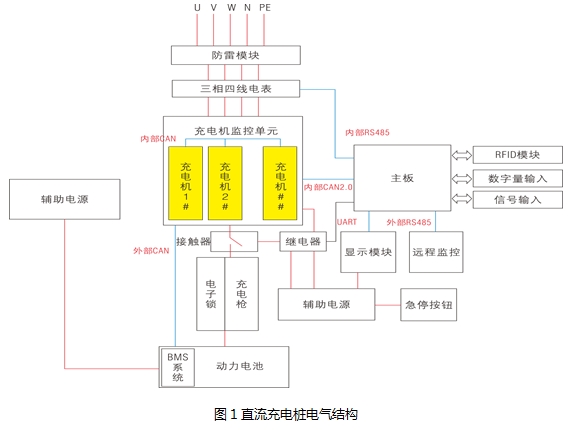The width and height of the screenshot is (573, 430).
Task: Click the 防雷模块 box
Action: click(235, 55)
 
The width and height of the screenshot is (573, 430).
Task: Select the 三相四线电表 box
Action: click(235, 90)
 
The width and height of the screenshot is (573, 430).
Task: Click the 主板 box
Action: click(401, 177)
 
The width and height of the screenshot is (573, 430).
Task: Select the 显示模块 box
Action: click(367, 252)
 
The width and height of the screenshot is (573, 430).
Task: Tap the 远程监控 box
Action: click(436, 252)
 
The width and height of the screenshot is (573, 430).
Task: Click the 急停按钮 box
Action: click(429, 304)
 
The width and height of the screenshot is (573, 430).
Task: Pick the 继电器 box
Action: click(303, 242)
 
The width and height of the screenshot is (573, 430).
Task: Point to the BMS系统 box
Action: click(177, 366)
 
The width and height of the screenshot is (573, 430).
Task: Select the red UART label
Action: click(346, 221)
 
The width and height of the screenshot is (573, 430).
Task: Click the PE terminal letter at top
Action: click(265, 8)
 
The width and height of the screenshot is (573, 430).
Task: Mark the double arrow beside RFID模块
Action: click(461, 155)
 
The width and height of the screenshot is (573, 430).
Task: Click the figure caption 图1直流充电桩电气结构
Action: click(285, 413)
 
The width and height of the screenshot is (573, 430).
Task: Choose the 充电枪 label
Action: click(241, 292)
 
